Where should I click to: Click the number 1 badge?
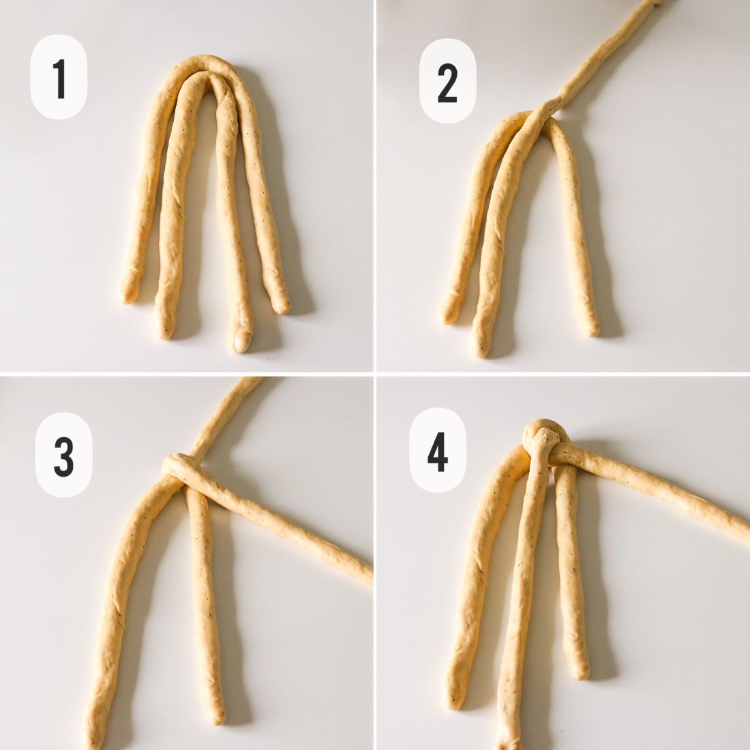(59, 77)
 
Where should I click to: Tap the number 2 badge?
(448, 81)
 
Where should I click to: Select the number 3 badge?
(63, 455)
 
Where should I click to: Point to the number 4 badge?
(438, 450)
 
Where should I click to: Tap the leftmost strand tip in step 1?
(128, 296)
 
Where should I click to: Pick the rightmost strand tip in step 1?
(281, 307)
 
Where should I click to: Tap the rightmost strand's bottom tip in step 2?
(590, 331)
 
